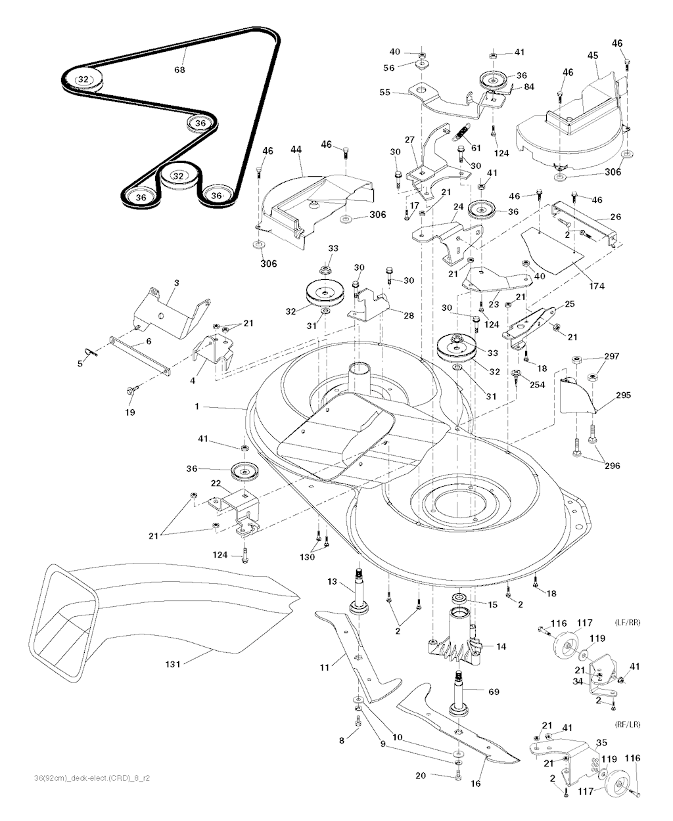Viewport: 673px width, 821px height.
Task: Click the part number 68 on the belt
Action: coord(179,70)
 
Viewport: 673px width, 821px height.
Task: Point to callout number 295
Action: coord(623,395)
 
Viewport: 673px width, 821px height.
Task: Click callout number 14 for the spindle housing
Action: coord(501,647)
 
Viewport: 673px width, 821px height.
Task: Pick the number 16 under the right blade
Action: coord(476,784)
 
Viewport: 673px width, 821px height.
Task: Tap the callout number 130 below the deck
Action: coord(307,557)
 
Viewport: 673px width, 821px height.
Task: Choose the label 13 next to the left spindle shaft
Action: coord(332,581)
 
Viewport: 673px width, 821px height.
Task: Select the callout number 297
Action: coord(612,356)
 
